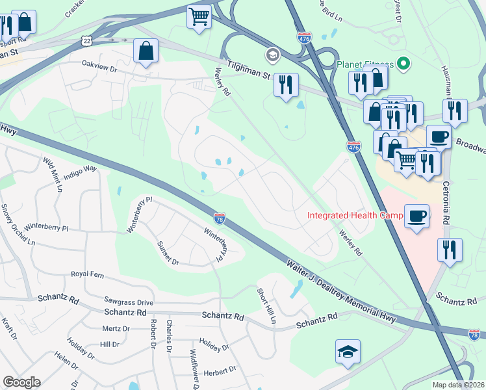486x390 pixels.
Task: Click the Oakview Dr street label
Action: [99, 66]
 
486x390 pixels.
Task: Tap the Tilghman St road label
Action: [248, 70]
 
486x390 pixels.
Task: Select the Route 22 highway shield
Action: [87, 40]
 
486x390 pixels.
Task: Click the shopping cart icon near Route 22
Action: [199, 17]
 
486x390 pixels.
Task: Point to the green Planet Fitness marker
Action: [403, 64]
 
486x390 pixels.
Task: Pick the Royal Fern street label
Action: [88, 274]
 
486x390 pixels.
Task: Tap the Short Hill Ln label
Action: [266, 305]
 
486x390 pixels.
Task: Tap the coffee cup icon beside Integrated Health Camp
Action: [416, 216]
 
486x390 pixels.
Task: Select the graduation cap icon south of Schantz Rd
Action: [348, 352]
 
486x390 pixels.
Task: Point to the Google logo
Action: [21, 382]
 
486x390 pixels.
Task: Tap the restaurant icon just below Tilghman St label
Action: [286, 85]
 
